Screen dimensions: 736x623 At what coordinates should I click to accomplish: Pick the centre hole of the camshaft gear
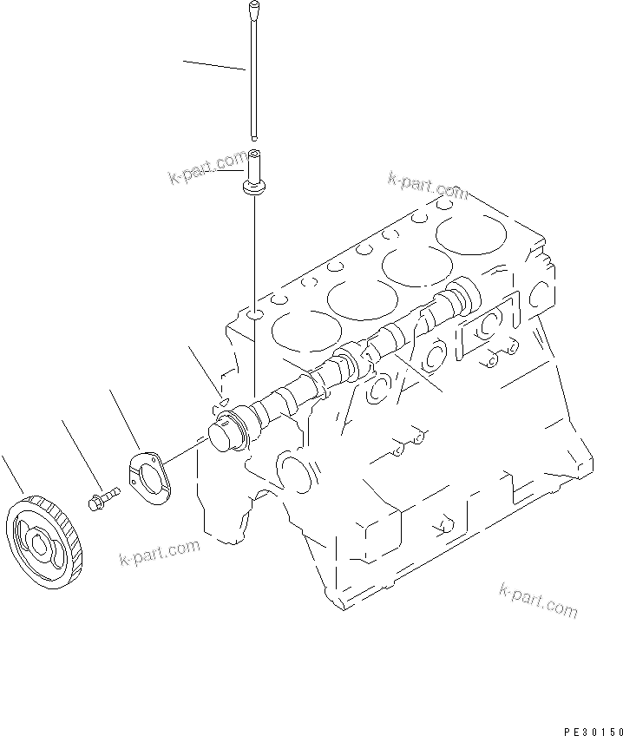click(x=40, y=544)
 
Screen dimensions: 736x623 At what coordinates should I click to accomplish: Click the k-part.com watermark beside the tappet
click(x=207, y=169)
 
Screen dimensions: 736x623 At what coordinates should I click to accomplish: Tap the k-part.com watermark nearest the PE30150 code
click(x=538, y=601)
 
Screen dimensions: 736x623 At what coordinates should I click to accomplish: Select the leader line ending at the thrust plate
click(x=127, y=420)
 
